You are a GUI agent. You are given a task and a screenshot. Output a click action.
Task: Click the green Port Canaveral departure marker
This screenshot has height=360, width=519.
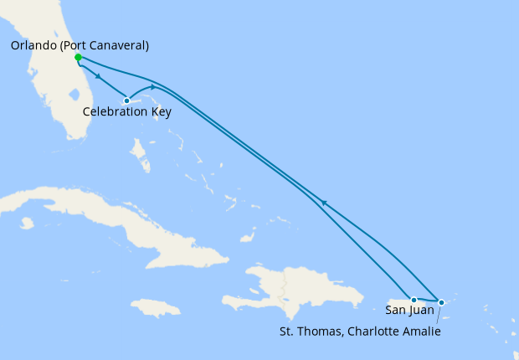[78, 58]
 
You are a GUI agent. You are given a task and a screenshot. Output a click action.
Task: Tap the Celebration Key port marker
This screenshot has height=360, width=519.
[126, 100]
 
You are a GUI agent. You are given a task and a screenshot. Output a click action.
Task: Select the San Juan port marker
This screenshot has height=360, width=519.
[414, 300]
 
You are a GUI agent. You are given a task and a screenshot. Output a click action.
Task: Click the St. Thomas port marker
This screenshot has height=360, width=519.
[441, 302]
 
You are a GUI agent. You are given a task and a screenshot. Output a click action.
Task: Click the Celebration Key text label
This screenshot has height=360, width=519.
[127, 112]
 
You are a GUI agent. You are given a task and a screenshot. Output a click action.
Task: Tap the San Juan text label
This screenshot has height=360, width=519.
[409, 311]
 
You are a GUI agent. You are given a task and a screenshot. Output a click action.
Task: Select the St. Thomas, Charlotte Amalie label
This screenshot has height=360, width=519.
[360, 331]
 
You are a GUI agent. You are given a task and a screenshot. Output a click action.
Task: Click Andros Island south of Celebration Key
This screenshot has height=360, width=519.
[139, 156]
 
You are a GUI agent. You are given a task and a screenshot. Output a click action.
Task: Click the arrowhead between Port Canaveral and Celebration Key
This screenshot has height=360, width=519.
[100, 78]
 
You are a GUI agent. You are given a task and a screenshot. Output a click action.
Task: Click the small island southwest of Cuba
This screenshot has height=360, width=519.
[27, 223]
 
